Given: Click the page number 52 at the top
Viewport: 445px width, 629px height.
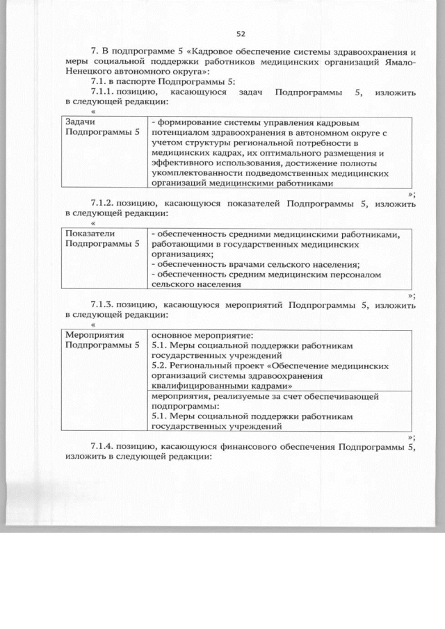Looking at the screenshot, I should coord(241,33).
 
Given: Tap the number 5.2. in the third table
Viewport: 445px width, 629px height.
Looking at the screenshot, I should coord(160,365).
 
